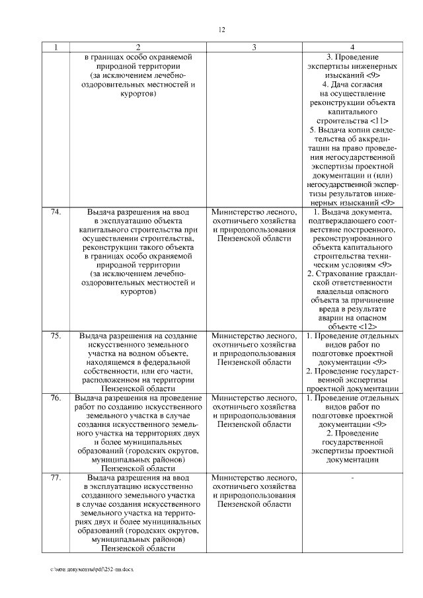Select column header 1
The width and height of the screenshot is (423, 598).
click(x=56, y=48)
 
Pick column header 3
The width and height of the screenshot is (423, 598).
click(x=254, y=48)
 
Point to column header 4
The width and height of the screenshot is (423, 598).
click(x=352, y=48)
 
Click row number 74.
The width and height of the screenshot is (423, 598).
click(x=56, y=211)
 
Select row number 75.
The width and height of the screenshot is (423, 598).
click(x=56, y=336)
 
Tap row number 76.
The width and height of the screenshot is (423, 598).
click(x=56, y=398)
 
